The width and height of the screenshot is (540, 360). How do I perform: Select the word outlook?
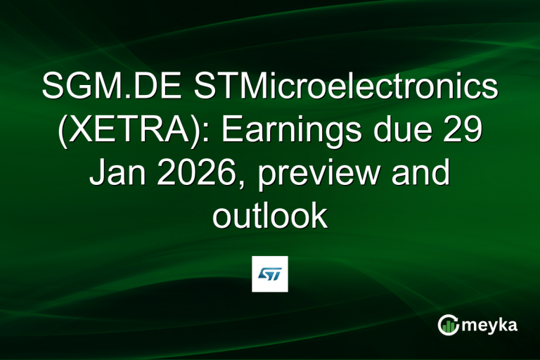click(270, 216)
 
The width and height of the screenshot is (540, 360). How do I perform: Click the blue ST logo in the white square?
click(270, 274)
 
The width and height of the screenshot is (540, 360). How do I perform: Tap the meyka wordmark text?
click(487, 325)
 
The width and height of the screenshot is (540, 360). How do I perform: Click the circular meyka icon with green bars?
click(449, 324)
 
